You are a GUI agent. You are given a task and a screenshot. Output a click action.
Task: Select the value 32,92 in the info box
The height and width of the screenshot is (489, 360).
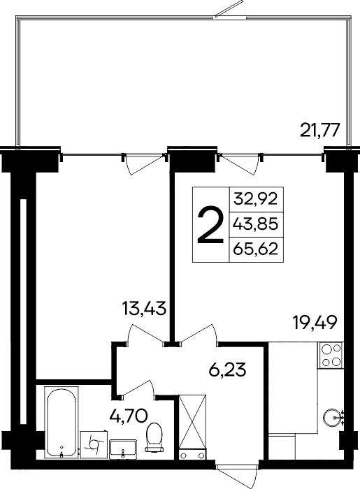click(x=256, y=198)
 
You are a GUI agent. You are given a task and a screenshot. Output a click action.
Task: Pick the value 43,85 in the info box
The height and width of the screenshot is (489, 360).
click(x=256, y=224)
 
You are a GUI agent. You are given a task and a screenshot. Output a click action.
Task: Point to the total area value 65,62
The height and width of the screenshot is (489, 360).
click(x=256, y=250)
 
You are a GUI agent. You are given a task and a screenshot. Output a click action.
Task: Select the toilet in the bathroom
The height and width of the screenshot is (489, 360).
click(x=152, y=439)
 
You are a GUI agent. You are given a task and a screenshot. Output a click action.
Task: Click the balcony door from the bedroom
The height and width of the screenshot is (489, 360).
click(x=143, y=162)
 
